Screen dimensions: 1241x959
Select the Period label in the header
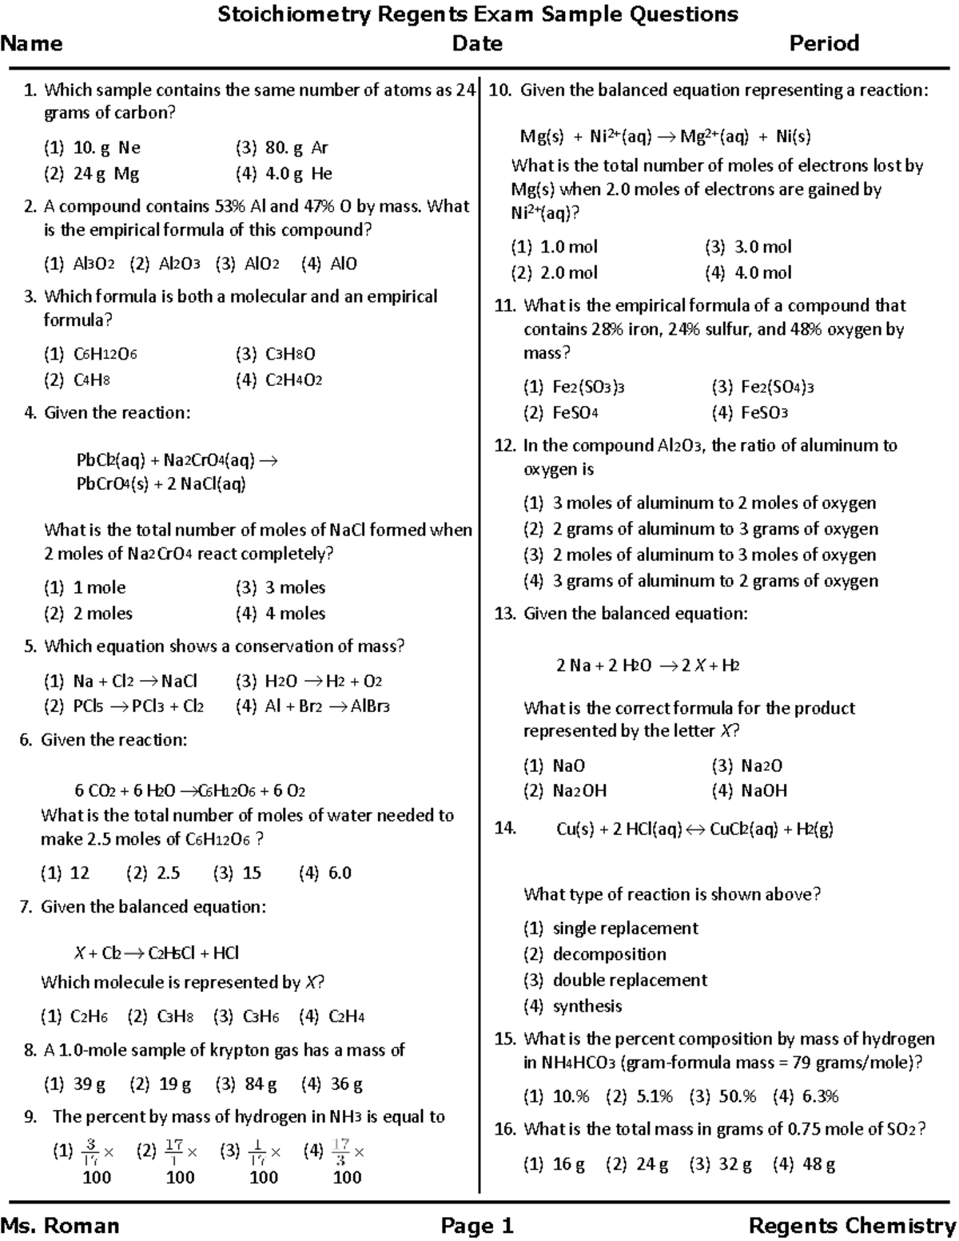click(x=824, y=43)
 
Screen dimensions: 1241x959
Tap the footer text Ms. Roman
click(x=60, y=1226)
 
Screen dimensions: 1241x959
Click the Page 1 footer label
click(x=477, y=1226)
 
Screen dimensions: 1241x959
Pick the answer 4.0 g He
click(x=284, y=173)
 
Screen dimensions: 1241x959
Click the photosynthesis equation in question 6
click(x=189, y=791)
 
